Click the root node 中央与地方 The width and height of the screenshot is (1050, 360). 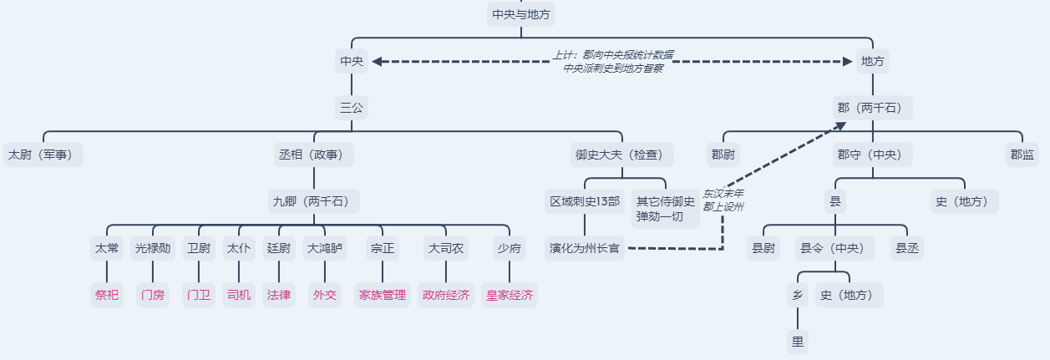point(521,14)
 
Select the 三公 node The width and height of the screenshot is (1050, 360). point(352,108)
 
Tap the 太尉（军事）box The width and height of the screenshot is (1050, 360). point(43,155)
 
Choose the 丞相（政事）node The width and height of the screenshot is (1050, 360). point(314,155)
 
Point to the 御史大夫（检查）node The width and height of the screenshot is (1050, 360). point(621,155)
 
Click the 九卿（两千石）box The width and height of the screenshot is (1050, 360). point(314,201)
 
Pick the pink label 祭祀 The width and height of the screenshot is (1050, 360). point(107,295)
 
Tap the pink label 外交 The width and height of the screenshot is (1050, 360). point(324,295)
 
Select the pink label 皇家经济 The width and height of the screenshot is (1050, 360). point(509,295)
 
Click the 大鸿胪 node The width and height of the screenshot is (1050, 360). point(324,248)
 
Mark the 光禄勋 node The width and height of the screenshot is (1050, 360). point(153,248)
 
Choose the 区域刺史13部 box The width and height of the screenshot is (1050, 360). point(584,201)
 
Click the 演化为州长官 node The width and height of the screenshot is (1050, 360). point(584,248)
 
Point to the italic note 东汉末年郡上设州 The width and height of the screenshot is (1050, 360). point(723,200)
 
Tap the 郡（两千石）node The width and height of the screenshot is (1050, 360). point(873,108)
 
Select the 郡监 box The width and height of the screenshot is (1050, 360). point(1022,155)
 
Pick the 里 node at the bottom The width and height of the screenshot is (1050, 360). point(798,341)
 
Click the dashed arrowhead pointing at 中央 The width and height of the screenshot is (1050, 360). point(377,61)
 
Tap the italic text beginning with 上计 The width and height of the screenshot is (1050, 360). point(613,62)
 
